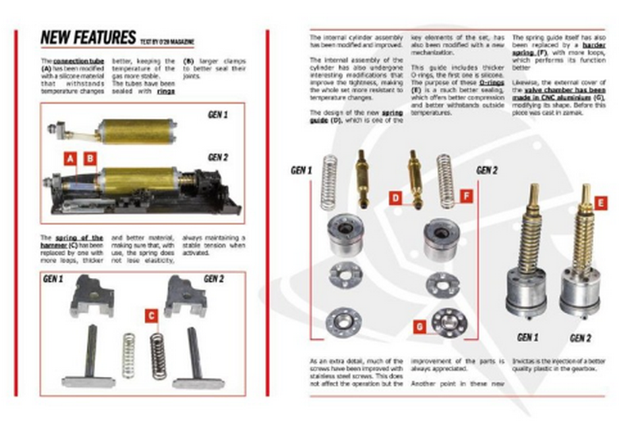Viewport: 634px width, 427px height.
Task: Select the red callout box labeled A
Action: [70, 158]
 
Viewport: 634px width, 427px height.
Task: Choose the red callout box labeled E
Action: [601, 204]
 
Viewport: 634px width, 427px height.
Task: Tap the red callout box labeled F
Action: [465, 196]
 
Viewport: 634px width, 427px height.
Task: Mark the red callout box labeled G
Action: [419, 324]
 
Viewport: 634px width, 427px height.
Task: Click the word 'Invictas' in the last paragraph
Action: [526, 361]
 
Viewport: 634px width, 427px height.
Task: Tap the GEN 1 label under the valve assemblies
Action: [528, 337]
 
